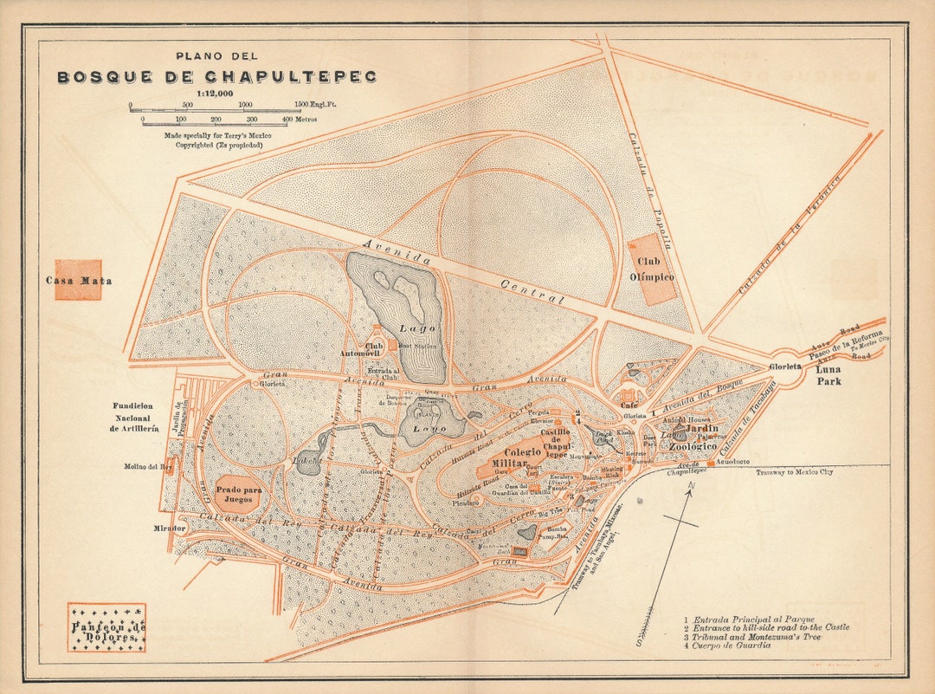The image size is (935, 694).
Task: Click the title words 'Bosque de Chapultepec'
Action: pyautogui.click(x=216, y=77)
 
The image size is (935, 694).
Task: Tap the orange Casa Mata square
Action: pyautogui.click(x=78, y=280)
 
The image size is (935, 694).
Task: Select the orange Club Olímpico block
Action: pyautogui.click(x=655, y=269)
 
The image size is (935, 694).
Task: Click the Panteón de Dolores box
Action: pyautogui.click(x=106, y=628)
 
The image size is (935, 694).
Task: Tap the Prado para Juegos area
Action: pyautogui.click(x=238, y=494)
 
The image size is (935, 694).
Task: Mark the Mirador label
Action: pyautogui.click(x=171, y=528)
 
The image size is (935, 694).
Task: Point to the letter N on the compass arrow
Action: pyautogui.click(x=690, y=489)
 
